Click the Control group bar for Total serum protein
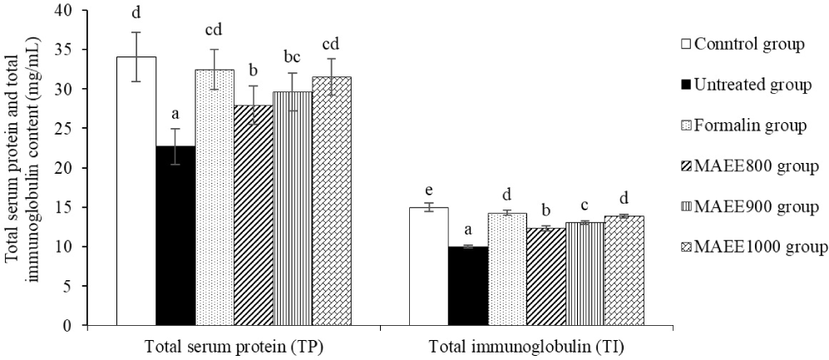tap(136, 191)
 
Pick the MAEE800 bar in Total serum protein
tap(254, 215)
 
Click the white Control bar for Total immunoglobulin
tap(429, 266)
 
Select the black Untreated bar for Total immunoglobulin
tap(468, 286)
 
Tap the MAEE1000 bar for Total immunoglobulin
tap(624, 271)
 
